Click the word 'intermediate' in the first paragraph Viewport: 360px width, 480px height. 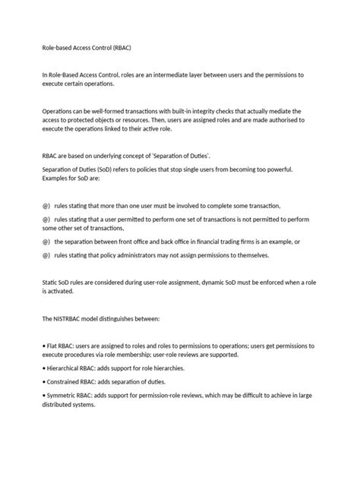click(191, 74)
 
